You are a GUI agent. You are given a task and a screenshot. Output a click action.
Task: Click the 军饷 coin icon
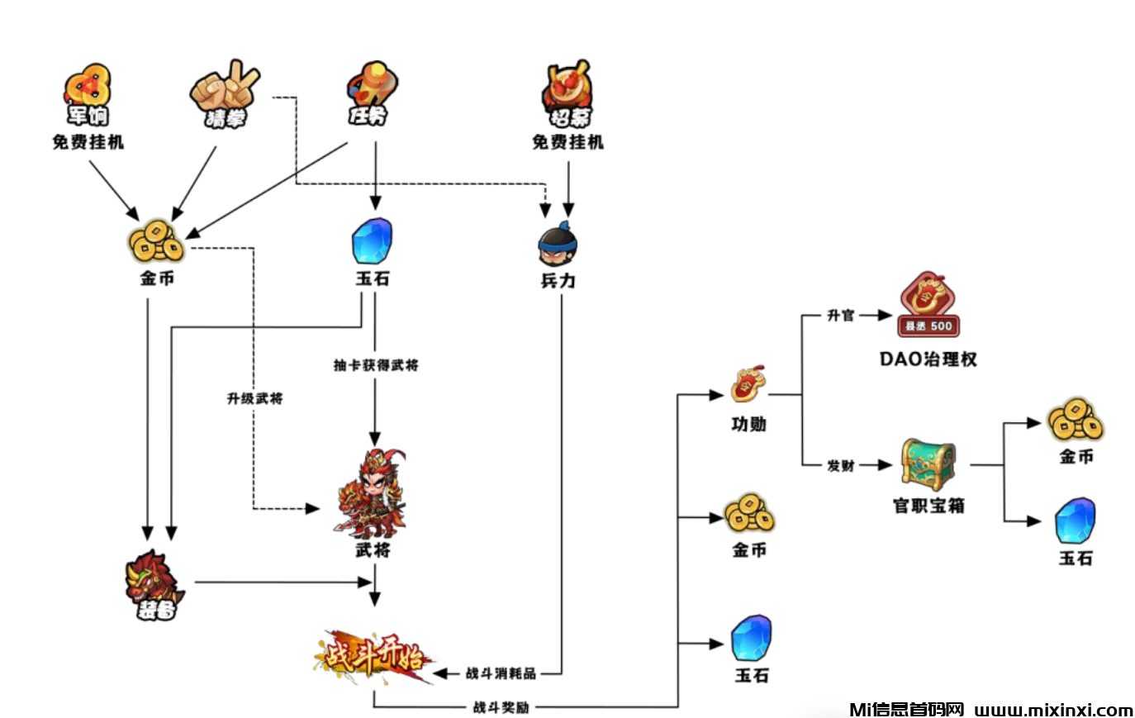point(88,93)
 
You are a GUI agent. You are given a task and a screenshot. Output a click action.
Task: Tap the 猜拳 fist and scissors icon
point(224,93)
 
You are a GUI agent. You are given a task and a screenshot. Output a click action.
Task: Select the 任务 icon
point(371,92)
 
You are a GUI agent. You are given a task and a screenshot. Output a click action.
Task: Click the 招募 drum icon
point(567,93)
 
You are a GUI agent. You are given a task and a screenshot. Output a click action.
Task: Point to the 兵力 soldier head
point(558,243)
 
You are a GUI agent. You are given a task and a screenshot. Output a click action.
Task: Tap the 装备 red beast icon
point(154,583)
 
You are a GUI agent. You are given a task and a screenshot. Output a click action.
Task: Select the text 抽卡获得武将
point(376,365)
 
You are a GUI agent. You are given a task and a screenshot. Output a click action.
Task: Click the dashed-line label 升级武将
point(255,398)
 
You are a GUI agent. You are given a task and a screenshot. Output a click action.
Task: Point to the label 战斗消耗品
point(501,673)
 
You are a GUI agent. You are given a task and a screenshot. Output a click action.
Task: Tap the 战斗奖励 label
point(501,707)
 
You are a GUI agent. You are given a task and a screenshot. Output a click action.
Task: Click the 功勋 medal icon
point(748,384)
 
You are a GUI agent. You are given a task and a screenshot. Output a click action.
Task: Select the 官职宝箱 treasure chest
point(928,464)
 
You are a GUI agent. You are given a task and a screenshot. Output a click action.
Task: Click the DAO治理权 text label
point(928,359)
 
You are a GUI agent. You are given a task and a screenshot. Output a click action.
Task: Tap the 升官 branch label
point(841,316)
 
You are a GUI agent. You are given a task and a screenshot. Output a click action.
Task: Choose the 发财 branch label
point(841,466)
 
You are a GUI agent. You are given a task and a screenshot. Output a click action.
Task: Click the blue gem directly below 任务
point(372,240)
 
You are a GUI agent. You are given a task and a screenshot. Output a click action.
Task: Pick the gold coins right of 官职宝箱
point(1076,421)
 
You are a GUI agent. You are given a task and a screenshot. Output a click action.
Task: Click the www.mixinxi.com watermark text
point(1053,710)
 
